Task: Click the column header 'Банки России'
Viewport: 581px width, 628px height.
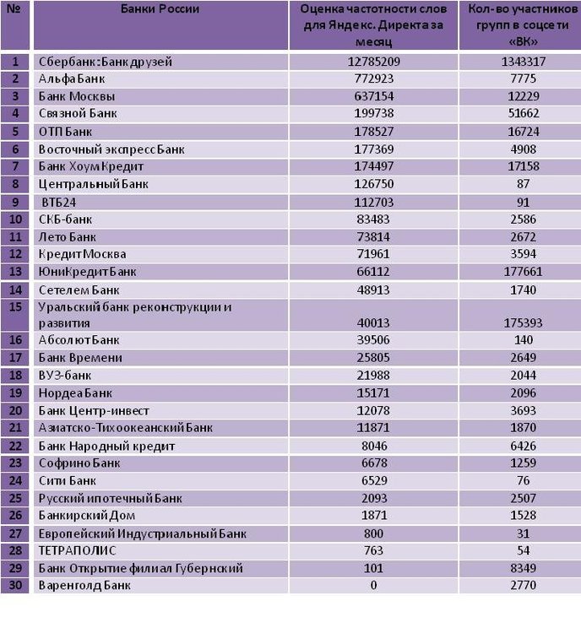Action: coord(160,8)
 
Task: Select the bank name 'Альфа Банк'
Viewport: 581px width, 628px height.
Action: coord(72,78)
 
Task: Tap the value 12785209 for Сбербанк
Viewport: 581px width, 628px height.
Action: coord(373,62)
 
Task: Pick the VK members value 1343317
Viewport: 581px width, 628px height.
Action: coord(523,62)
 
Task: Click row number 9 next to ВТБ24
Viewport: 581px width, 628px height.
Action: coord(15,202)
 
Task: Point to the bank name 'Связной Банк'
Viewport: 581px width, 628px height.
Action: coord(78,113)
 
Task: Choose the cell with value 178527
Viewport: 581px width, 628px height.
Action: coord(373,132)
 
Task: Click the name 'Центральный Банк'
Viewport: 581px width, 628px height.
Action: coord(94,184)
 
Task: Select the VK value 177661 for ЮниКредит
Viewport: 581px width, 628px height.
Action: coord(523,272)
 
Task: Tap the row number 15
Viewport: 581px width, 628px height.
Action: coord(15,306)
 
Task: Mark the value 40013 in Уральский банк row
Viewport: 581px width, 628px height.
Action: coord(373,322)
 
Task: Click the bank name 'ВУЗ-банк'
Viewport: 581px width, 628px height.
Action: coord(65,376)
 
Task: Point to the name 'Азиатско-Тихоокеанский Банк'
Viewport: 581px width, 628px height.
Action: coord(126,428)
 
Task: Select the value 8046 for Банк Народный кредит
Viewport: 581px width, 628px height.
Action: coord(374,446)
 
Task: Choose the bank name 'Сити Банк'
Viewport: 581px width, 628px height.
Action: coord(68,480)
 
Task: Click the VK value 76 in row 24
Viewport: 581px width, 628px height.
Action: coord(524,480)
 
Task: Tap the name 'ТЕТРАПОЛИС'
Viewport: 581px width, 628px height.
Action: coord(77,550)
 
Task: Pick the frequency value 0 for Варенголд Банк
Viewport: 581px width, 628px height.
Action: coord(373,585)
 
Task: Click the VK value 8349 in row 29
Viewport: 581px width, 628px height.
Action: coord(523,568)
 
